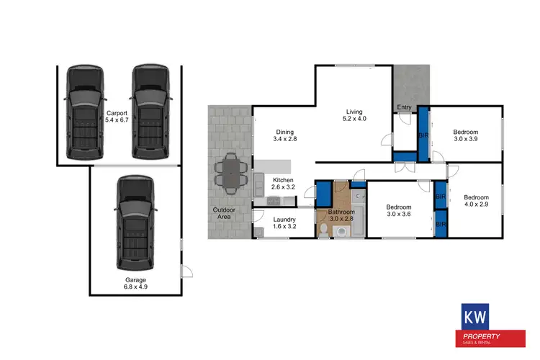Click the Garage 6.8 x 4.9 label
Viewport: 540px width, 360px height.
point(135,284)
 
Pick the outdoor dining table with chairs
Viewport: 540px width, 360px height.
point(232,173)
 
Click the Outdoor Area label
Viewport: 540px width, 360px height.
point(222,214)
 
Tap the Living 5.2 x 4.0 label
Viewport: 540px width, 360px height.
point(354,115)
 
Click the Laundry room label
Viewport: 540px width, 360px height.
point(284,222)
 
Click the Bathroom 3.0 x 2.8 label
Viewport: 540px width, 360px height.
point(341,215)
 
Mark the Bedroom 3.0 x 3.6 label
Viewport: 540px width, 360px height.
point(400,209)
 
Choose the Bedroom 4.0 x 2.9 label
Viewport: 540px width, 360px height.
point(476,202)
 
